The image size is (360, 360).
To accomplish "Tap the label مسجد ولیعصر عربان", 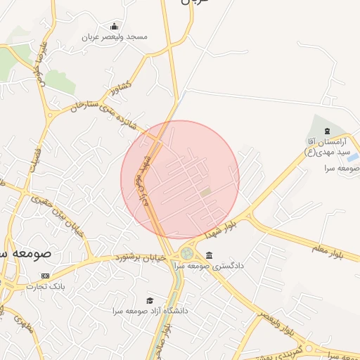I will pos(115,37).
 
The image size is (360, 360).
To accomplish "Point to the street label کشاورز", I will pos(120,85).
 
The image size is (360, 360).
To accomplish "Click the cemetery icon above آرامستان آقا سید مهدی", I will pos(326,131).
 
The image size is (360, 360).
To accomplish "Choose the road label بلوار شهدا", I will pos(224,224).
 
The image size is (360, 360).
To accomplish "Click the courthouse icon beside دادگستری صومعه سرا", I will pos(210,255).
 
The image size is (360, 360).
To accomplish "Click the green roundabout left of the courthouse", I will pos(187,253).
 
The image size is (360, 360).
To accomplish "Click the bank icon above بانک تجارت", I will pos(46,276).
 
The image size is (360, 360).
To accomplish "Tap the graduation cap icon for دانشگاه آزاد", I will pos(149,300).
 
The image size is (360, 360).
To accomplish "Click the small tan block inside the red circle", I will pos(205,192).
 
